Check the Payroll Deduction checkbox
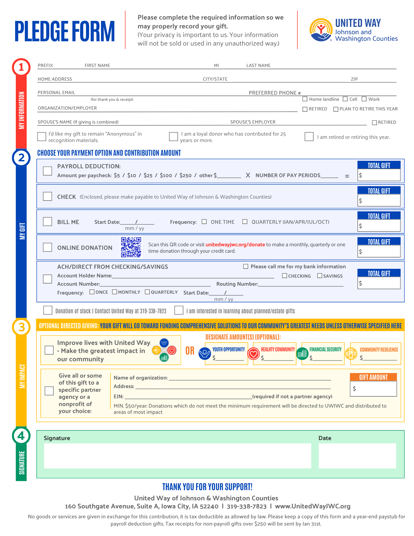(47, 171)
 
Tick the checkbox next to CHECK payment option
(47, 196)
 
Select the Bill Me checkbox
(47, 222)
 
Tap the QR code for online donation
(131, 247)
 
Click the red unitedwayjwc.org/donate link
(235, 244)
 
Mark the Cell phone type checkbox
(345, 99)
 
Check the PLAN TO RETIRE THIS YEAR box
(335, 109)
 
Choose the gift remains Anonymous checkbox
(42, 136)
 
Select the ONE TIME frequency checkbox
(204, 222)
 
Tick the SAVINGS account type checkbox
(319, 276)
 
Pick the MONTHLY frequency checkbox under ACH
(114, 292)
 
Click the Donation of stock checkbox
(48, 310)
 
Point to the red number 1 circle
(21, 67)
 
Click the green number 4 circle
(21, 436)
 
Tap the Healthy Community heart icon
(253, 354)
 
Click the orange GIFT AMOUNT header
(373, 377)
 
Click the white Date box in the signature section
(357, 456)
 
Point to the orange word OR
(190, 351)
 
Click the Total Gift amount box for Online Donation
(379, 251)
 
